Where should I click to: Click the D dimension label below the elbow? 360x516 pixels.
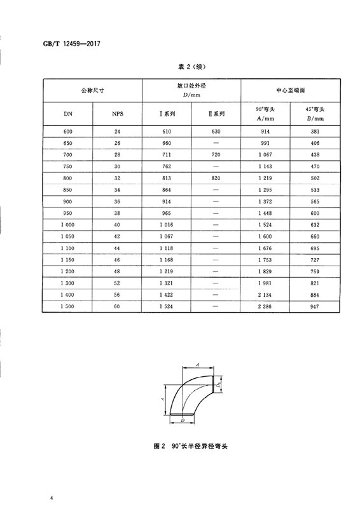[x=182, y=421]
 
